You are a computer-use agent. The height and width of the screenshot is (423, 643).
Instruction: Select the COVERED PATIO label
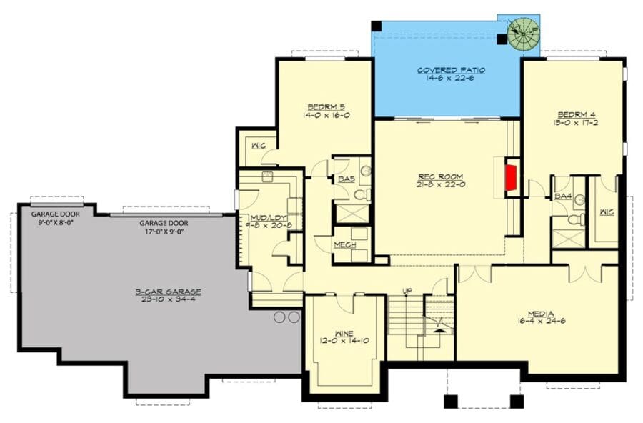point(451,70)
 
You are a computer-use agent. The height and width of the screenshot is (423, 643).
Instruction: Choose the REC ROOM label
point(441,176)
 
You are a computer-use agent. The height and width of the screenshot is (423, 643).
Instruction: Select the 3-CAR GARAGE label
point(169,292)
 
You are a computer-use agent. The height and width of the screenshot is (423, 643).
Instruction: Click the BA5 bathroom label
point(347,179)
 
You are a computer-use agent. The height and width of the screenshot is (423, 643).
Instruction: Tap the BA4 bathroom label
point(563,195)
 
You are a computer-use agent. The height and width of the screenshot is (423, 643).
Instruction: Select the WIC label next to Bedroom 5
point(258,146)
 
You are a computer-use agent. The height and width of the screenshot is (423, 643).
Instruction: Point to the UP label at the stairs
point(407,291)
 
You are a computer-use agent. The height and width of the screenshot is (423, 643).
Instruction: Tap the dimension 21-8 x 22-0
point(441,184)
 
